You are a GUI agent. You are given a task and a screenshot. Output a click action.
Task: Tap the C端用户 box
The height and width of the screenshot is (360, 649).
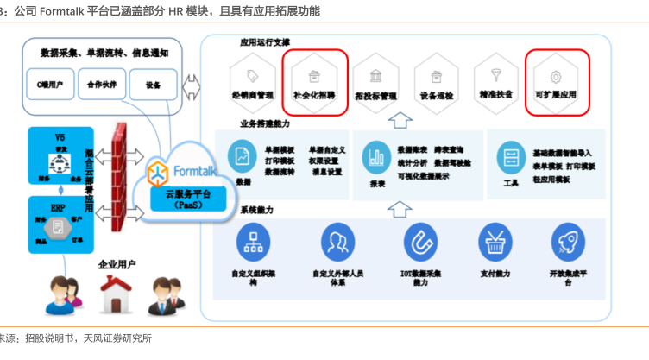point(52,85)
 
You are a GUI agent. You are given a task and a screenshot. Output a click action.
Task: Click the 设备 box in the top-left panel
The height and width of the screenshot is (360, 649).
point(153,85)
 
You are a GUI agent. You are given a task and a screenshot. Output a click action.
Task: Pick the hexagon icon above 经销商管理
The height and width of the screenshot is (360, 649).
point(252,74)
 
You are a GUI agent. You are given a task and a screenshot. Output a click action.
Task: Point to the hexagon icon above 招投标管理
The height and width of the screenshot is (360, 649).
point(376,74)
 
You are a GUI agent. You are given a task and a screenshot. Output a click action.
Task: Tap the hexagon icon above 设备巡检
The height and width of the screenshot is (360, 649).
point(435,74)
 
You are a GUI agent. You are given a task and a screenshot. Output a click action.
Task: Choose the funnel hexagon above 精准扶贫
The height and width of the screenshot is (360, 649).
point(496,74)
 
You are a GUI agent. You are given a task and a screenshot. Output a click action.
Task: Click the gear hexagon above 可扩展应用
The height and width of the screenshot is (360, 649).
point(556,74)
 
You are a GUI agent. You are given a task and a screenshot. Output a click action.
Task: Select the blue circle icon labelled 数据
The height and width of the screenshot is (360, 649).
point(243,156)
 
